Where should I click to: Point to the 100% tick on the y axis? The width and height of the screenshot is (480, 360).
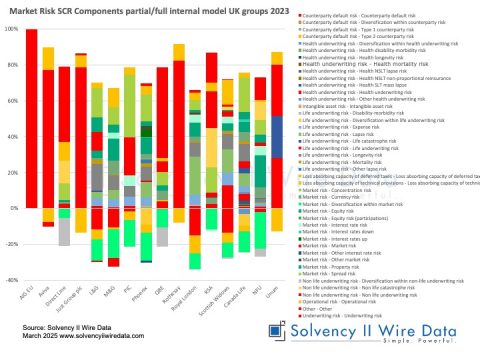13,29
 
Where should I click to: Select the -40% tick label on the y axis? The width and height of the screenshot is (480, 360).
13,281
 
